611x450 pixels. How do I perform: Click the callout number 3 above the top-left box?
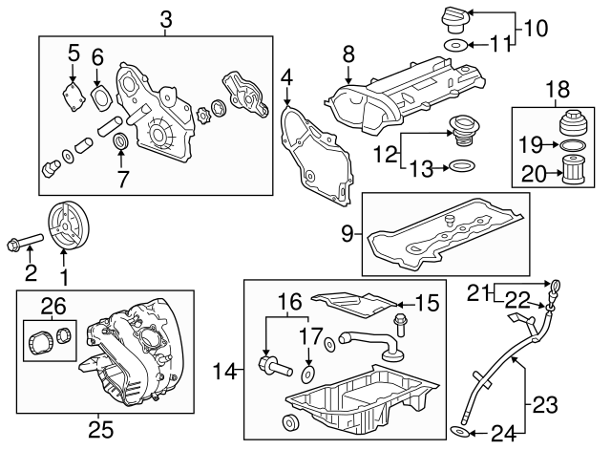click(x=166, y=17)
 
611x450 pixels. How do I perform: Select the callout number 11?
click(x=501, y=43)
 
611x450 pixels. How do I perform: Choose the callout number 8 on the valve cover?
click(x=349, y=54)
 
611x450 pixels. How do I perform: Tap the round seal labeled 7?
click(x=121, y=143)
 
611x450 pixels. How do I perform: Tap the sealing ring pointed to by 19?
click(x=569, y=145)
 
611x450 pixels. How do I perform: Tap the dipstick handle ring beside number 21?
click(x=553, y=284)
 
